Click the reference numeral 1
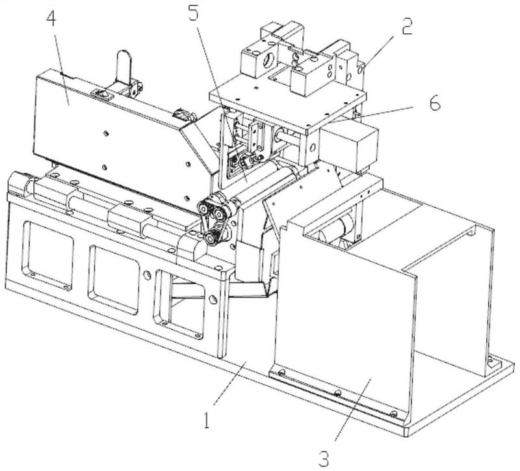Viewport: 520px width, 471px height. click(x=207, y=416)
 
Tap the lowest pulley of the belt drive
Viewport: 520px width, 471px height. click(x=211, y=240)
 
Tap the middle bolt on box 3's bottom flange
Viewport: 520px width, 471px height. click(x=337, y=394)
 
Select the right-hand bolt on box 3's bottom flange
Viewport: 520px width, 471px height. click(x=393, y=413)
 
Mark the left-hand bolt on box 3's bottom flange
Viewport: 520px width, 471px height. click(x=281, y=373)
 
